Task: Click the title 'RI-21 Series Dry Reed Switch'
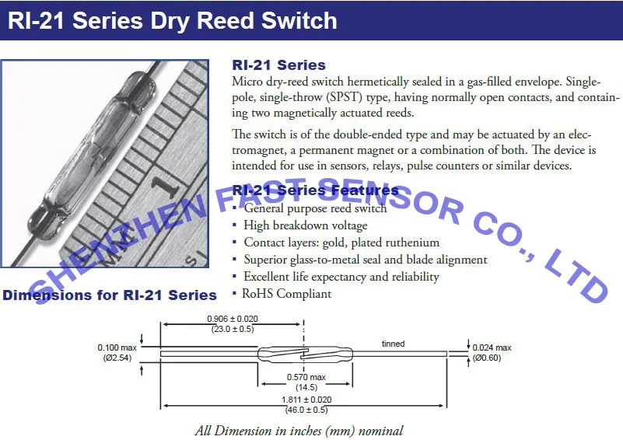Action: pos(173,20)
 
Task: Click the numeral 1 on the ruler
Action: pos(163,186)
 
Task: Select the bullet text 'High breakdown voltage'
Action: pos(306,225)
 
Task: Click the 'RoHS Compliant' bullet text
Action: pos(286,294)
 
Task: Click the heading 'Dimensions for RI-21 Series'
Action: pos(110,295)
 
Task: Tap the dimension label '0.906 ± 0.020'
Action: pos(233,319)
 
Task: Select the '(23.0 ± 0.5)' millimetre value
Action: pos(233,329)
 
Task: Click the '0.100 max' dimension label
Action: pos(117,347)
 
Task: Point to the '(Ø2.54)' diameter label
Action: pos(117,358)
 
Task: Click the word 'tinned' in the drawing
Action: pos(393,344)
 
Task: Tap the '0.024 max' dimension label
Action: pos(492,347)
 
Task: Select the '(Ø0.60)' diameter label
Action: pos(487,358)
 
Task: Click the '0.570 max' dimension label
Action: pos(306,377)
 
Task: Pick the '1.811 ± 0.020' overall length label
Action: pos(306,400)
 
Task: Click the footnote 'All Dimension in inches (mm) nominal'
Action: pos(299,431)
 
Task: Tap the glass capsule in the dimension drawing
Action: pos(305,354)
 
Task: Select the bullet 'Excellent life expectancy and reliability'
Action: pos(341,277)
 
